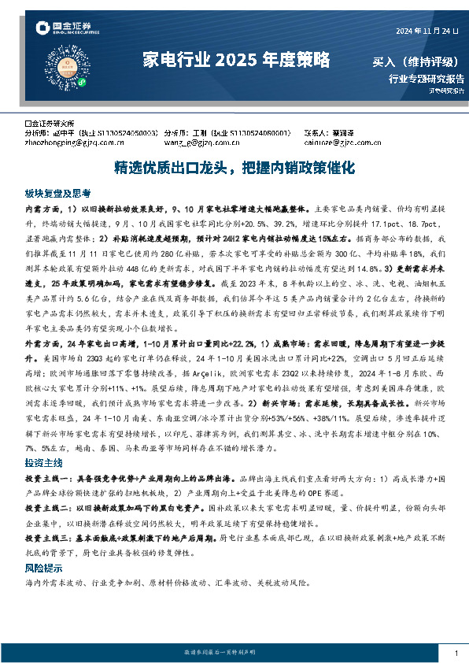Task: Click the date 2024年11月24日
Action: coord(427,31)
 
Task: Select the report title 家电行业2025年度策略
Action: coord(235,60)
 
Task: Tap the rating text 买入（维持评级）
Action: coord(417,61)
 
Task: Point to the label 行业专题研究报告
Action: coord(427,78)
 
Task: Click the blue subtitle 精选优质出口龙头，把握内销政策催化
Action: coord(235,169)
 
